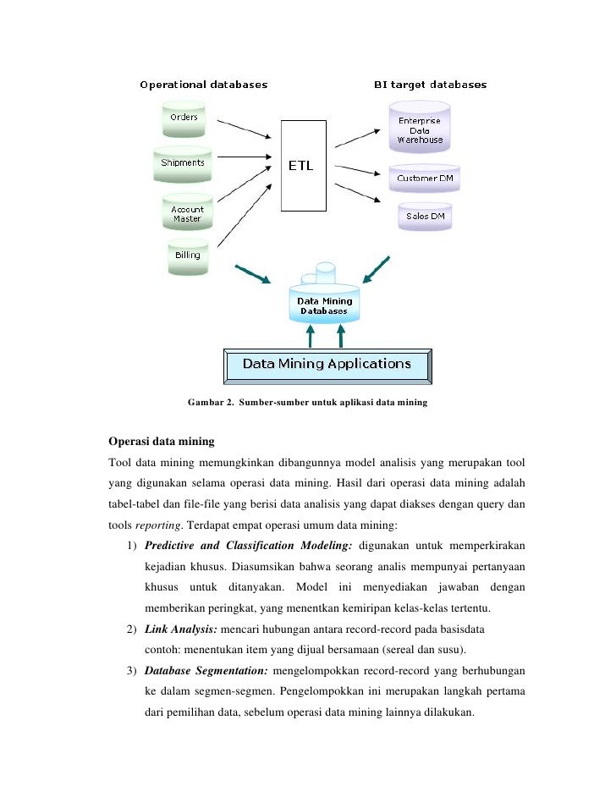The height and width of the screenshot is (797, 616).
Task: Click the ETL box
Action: coord(301,166)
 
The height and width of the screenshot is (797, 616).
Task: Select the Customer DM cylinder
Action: coord(424,179)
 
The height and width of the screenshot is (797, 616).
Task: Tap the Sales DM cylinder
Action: coord(425,217)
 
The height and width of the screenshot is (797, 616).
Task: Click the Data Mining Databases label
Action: coord(325,305)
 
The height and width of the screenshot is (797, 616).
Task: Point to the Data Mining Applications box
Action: coord(327,365)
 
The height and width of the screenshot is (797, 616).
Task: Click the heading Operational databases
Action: coord(203,85)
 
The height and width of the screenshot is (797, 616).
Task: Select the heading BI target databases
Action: coord(430,85)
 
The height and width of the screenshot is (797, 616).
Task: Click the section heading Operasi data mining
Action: coord(162,442)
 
